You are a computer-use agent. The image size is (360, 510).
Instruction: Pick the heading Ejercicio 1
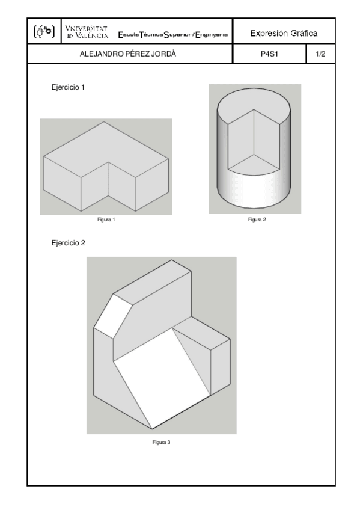(x=69, y=88)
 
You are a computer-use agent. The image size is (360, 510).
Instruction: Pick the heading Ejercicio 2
(x=69, y=243)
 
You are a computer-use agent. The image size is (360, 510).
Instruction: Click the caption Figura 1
(x=106, y=220)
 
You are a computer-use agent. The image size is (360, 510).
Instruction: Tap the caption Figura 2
(x=257, y=220)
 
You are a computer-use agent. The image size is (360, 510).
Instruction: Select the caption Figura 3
(x=161, y=443)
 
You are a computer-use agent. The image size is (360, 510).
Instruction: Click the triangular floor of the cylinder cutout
(x=254, y=159)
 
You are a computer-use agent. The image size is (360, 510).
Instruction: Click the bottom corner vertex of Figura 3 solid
(x=151, y=429)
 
